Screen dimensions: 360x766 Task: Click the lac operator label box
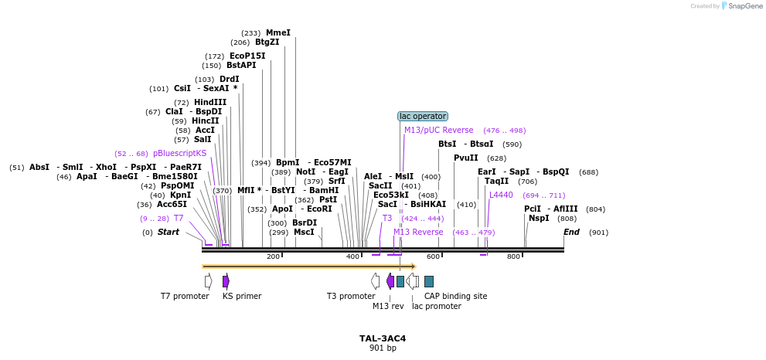point(423,117)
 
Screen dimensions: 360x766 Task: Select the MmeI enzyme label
point(278,32)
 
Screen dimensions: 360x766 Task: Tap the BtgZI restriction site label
point(267,42)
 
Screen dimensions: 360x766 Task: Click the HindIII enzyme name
point(210,102)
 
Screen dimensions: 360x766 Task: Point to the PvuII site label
point(466,158)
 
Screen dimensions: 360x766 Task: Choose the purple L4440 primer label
point(501,195)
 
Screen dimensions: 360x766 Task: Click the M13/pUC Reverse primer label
point(438,131)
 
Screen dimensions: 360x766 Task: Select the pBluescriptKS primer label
point(180,153)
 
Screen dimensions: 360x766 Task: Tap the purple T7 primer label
point(179,219)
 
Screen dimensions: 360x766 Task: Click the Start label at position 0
point(169,232)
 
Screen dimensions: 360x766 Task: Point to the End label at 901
point(571,232)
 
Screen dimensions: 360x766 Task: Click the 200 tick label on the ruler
point(273,256)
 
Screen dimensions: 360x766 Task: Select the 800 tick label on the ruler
point(513,256)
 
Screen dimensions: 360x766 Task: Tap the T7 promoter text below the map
point(185,296)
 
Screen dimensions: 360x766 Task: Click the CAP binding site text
point(455,296)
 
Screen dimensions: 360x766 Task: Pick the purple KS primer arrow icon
point(226,281)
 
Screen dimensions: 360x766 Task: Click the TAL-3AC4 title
point(383,338)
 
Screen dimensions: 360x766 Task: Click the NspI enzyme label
point(539,219)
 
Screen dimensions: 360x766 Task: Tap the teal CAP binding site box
point(429,281)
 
